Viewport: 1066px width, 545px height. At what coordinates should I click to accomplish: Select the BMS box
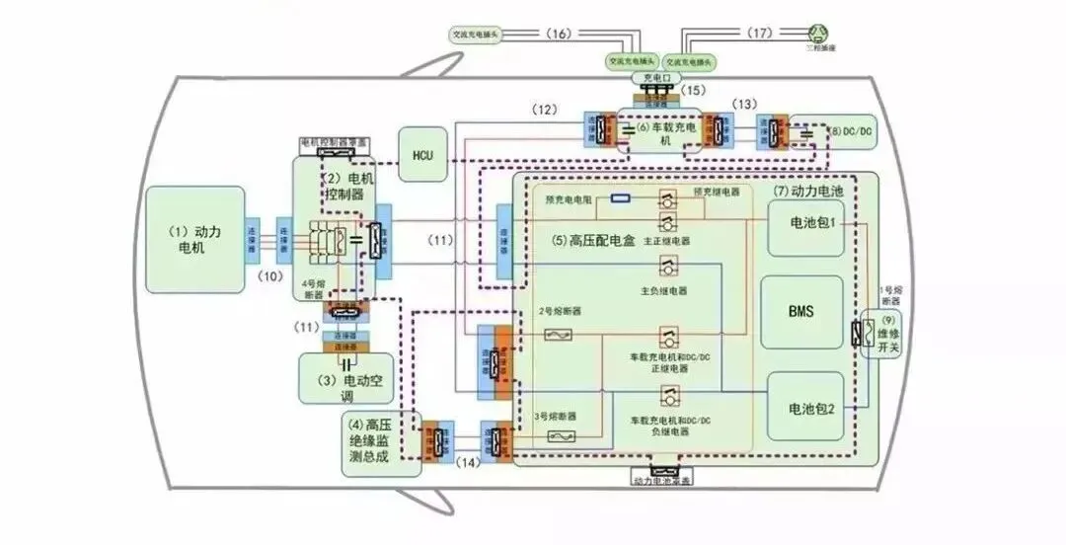click(x=800, y=310)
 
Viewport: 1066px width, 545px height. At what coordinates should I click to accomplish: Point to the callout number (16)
click(x=558, y=34)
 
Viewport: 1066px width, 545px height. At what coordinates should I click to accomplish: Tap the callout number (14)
click(x=469, y=462)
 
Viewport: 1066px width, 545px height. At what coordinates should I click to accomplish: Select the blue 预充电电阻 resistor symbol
click(x=621, y=197)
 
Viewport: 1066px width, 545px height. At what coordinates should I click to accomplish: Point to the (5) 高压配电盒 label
click(x=591, y=240)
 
